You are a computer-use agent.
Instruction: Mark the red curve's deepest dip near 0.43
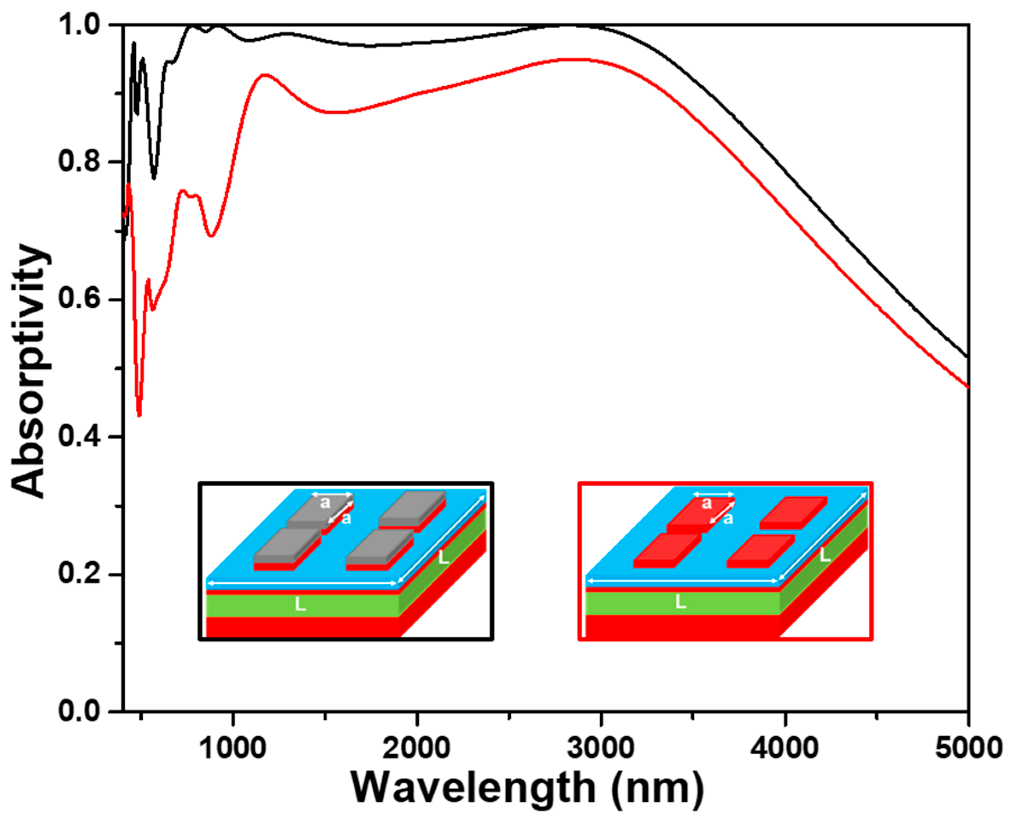139,415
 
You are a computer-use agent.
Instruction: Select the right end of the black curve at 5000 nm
967,356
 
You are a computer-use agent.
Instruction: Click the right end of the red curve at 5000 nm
967,387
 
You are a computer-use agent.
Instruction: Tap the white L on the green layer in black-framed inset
300,604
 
